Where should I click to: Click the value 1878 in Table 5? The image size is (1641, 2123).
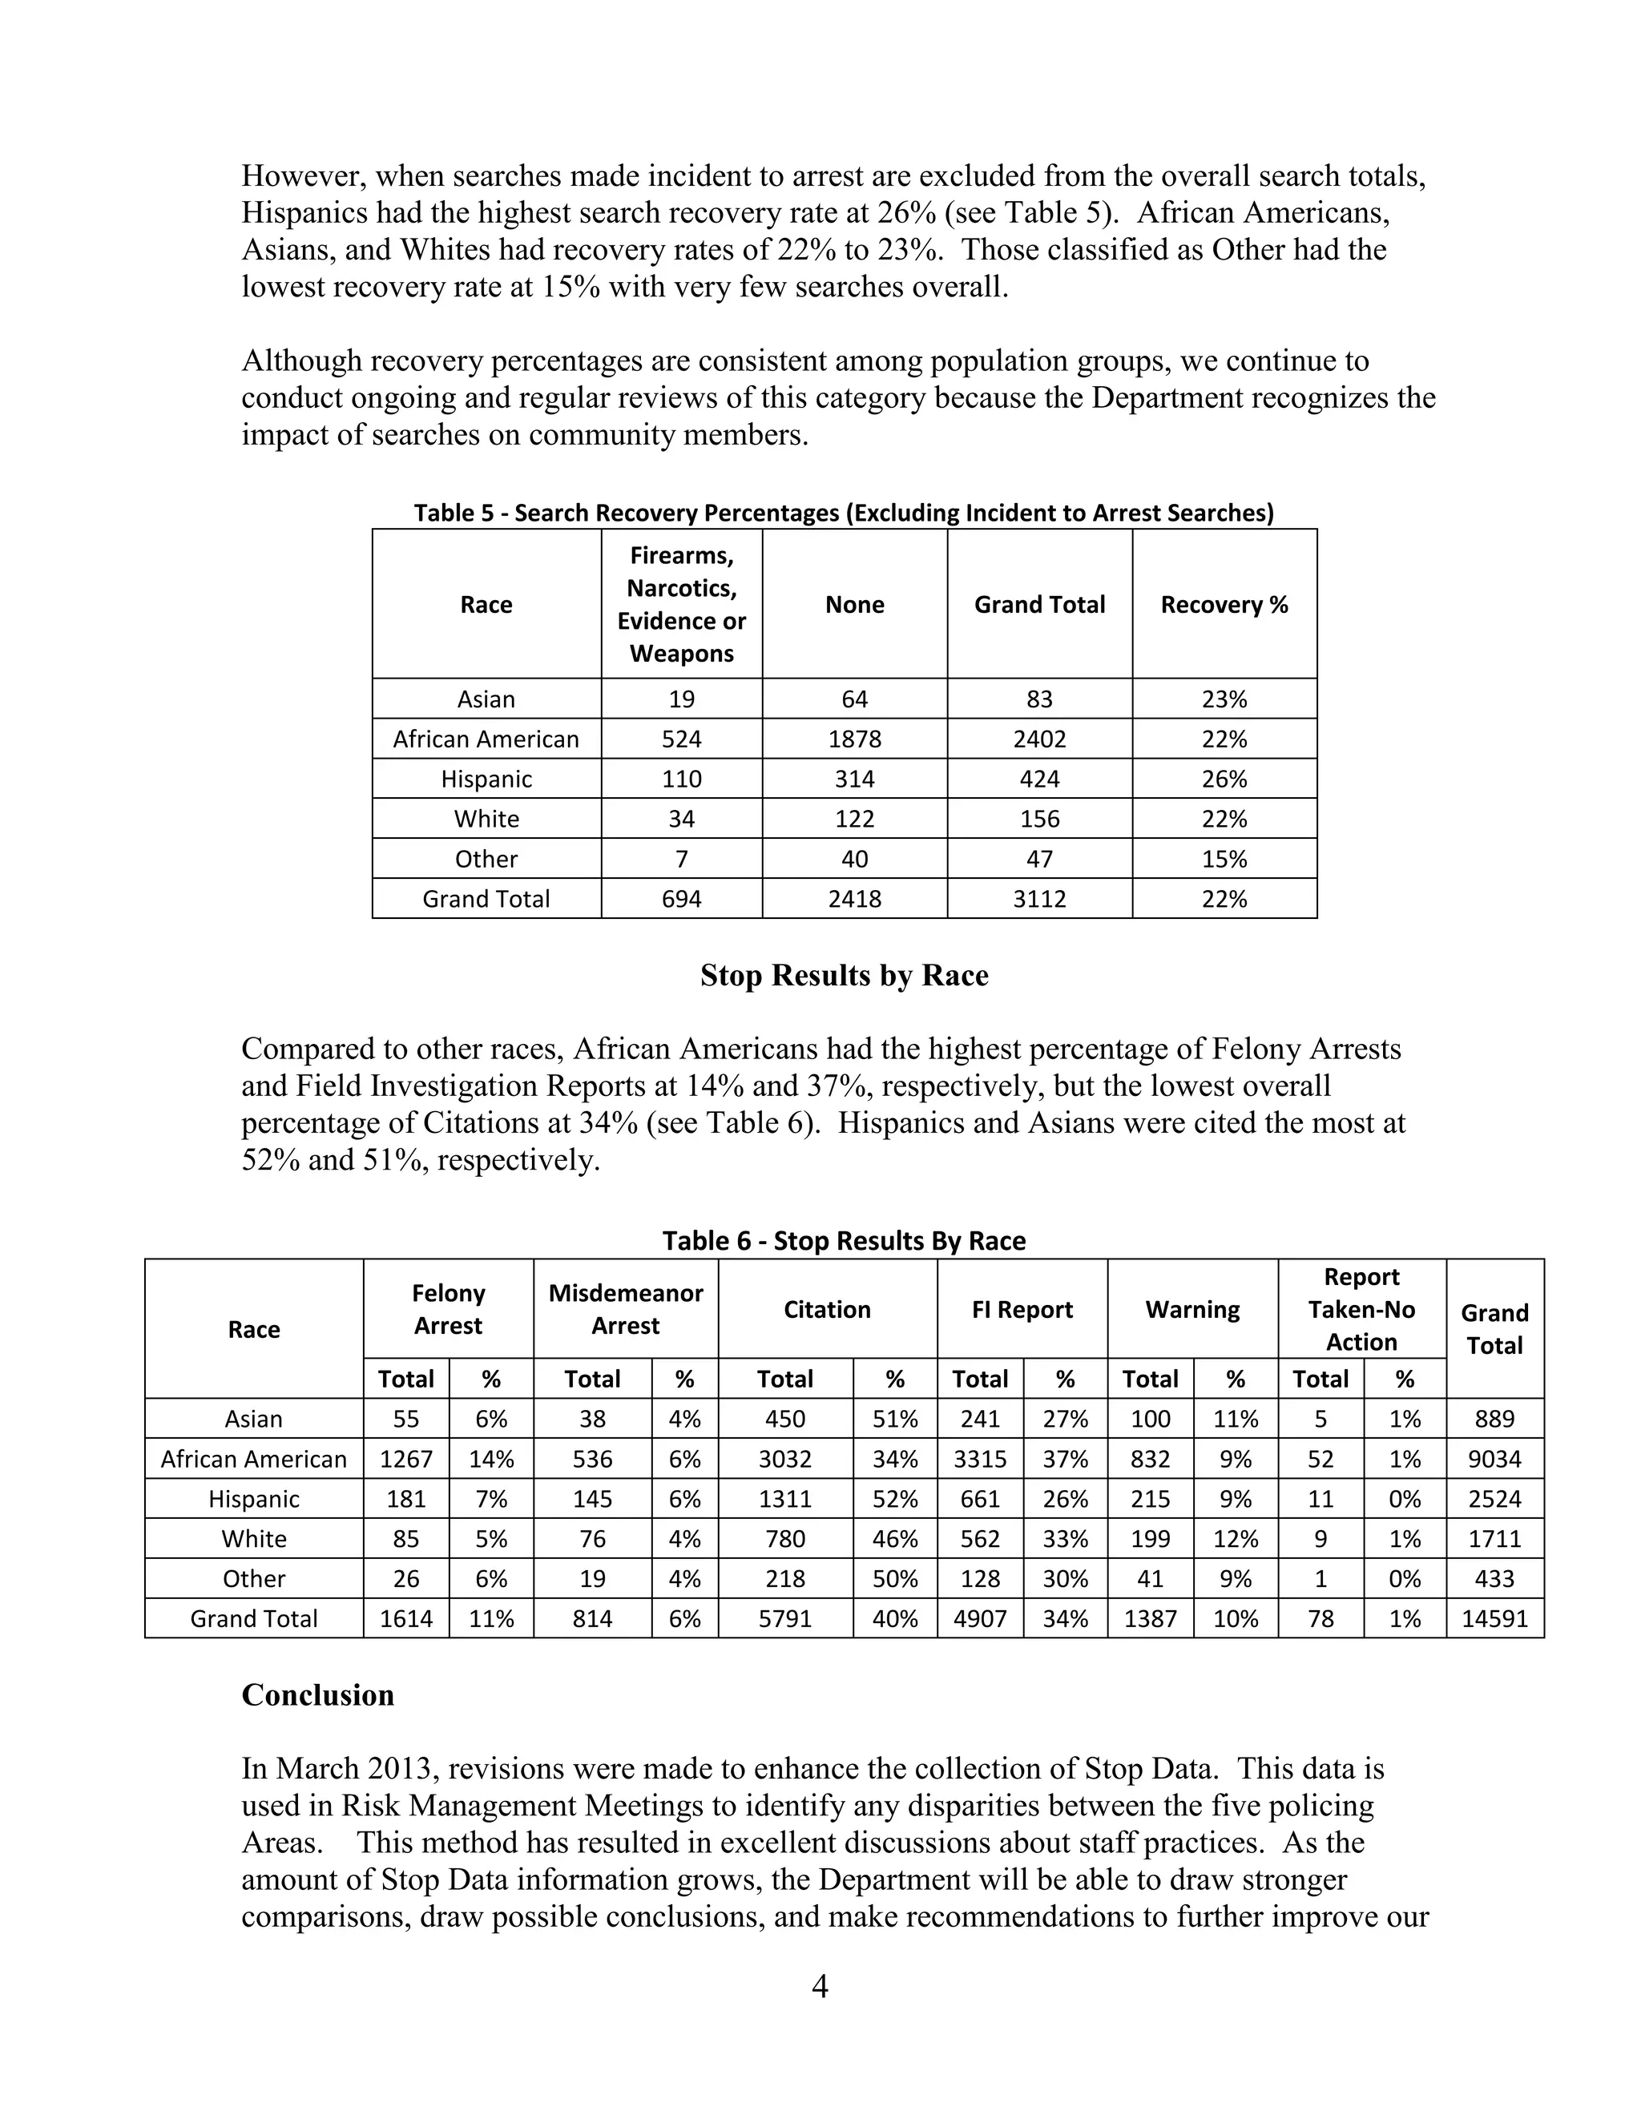(854, 739)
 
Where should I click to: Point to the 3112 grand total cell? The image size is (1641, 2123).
(1039, 899)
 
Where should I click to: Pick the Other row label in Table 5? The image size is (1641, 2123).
(486, 860)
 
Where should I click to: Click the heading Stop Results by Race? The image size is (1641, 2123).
(844, 975)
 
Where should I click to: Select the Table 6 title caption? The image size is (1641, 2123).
(844, 1240)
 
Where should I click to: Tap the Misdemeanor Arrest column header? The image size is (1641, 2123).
(625, 1309)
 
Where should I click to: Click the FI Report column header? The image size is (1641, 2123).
(1022, 1309)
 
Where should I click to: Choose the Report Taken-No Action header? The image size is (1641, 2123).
(1361, 1309)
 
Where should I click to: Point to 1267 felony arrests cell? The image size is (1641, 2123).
(405, 1459)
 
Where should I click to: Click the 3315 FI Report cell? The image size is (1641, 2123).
(979, 1459)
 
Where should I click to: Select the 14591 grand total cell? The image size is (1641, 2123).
(1494, 1618)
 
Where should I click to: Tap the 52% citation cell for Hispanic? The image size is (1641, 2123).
(894, 1499)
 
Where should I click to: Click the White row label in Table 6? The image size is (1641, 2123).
(254, 1539)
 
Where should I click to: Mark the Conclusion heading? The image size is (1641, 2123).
(318, 1695)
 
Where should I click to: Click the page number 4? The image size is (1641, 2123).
(820, 1986)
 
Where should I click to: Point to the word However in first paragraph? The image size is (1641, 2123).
(304, 176)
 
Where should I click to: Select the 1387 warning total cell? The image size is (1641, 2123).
(1150, 1618)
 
